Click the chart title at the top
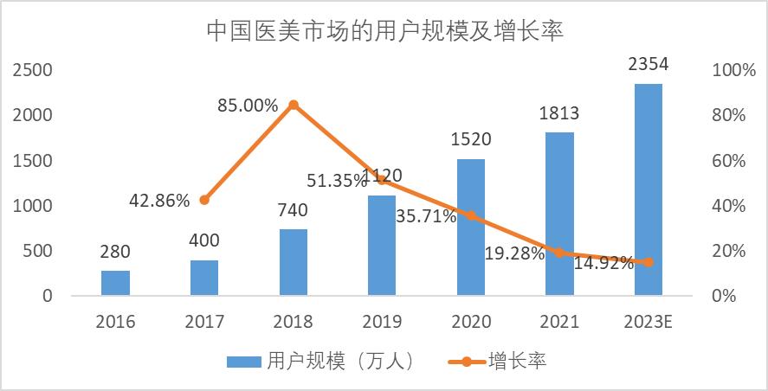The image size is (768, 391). [384, 32]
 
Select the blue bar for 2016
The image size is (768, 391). [115, 283]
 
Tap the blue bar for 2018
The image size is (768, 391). [293, 262]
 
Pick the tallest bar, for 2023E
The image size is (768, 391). [649, 189]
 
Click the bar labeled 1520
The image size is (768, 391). [471, 227]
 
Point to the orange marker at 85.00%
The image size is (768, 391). [293, 105]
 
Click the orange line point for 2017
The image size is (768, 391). [204, 200]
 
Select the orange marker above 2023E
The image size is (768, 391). [649, 262]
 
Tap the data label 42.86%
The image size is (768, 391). [159, 201]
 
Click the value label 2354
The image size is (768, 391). [649, 65]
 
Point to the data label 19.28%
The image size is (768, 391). [515, 253]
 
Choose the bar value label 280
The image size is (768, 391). [115, 253]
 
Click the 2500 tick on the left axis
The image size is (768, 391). [32, 70]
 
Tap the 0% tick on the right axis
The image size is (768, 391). [723, 296]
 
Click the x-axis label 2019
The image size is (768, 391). [382, 322]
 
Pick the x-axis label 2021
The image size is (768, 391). [559, 322]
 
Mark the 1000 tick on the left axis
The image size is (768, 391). [32, 206]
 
